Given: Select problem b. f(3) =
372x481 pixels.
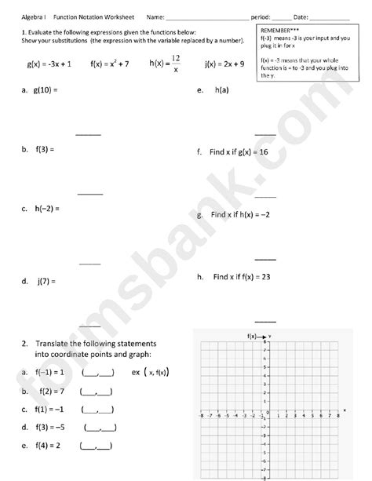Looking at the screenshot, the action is (38, 148).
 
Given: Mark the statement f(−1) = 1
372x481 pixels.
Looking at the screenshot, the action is (49, 373).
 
